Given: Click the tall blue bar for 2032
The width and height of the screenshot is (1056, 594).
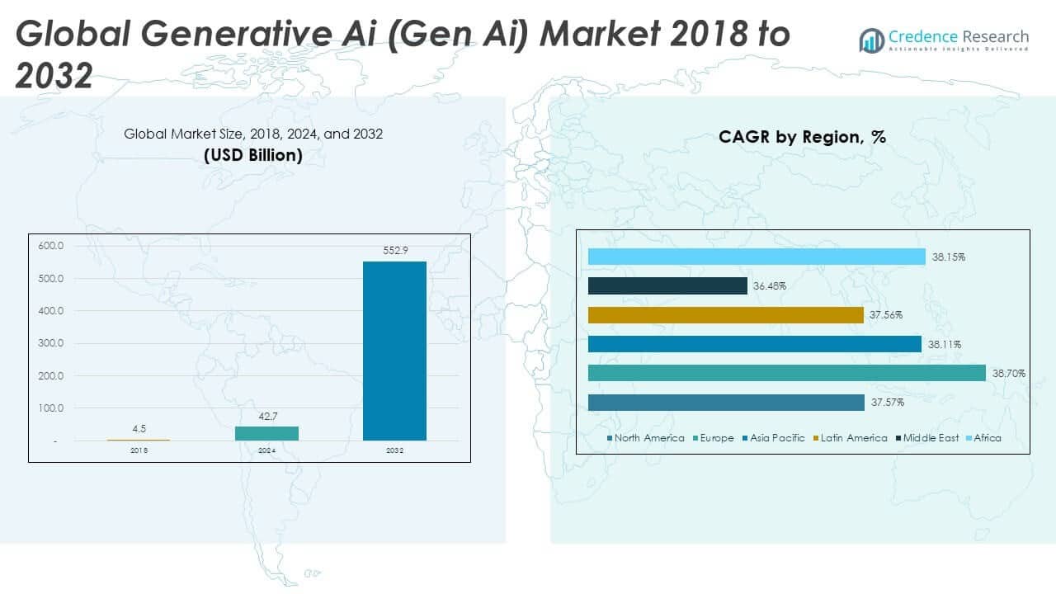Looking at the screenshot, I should tap(394, 351).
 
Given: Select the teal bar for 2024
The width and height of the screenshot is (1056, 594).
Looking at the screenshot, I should tap(266, 433).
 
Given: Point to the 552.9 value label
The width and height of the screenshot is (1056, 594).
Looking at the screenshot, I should tap(394, 250).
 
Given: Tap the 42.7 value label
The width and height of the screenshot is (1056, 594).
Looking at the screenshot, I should tap(266, 416).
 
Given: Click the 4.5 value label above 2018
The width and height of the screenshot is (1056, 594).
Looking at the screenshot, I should tap(139, 428).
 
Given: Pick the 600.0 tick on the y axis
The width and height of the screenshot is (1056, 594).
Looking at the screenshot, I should tap(50, 246).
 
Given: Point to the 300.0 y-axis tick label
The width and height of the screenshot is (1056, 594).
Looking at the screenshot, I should tap(50, 343).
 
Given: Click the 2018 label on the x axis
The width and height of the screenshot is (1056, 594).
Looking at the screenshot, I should tap(139, 451).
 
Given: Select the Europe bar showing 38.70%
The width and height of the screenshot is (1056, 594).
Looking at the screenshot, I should tap(786, 373).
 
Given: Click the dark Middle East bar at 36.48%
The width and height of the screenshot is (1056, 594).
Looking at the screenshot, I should tap(667, 285).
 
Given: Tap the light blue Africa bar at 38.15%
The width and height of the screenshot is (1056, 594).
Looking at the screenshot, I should tap(757, 257).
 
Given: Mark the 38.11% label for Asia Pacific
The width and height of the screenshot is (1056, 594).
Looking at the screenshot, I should tap(945, 344).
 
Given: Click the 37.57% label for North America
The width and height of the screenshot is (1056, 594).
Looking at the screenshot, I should tap(887, 403).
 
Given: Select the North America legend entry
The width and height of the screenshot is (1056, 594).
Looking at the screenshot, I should tap(645, 438).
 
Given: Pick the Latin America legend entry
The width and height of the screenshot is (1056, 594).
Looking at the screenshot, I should tap(852, 438).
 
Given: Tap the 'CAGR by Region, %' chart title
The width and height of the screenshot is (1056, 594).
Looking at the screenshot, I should tap(802, 137).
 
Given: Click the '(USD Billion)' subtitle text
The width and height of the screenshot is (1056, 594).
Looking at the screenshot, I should tap(253, 154).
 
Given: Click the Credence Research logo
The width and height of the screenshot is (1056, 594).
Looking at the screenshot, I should tap(944, 39).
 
